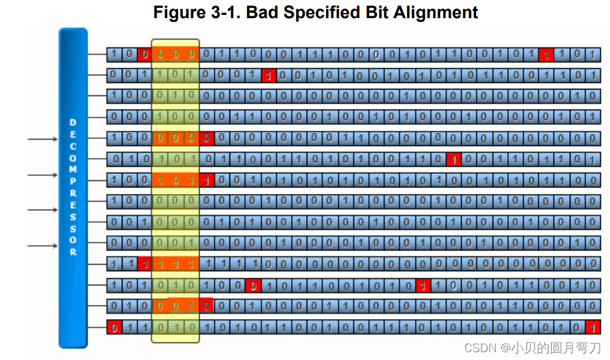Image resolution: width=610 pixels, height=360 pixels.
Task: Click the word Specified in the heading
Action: pos(324,12)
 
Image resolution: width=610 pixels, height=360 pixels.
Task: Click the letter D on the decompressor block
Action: pos(73,122)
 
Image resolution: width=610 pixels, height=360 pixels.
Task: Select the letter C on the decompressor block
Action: pos(73,146)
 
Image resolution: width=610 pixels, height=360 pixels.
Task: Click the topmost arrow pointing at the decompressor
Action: pos(42,139)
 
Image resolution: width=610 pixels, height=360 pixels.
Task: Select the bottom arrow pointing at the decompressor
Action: pos(42,245)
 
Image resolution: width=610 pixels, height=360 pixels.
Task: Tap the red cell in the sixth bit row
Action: pos(454,159)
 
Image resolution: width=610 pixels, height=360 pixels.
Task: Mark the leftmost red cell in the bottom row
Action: pos(114,327)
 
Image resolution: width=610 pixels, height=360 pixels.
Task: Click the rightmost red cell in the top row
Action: pos(546,54)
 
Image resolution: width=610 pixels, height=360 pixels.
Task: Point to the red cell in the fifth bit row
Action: pos(207,138)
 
